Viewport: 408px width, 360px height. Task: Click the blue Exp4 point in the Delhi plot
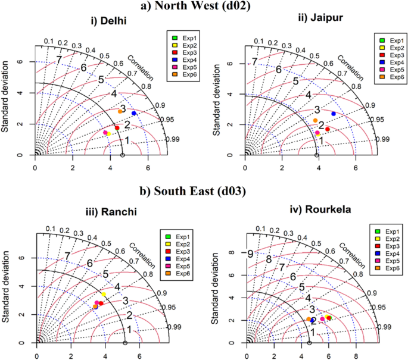(134, 113)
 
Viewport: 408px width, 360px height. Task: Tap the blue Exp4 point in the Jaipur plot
(333, 113)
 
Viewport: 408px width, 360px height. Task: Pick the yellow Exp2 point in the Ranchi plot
(104, 295)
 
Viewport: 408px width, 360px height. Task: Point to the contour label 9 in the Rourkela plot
(251, 253)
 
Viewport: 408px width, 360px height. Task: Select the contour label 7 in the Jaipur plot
(254, 61)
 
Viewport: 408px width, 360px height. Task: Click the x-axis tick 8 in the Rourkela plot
(356, 355)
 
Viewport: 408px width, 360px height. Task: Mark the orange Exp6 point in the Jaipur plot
(315, 120)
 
